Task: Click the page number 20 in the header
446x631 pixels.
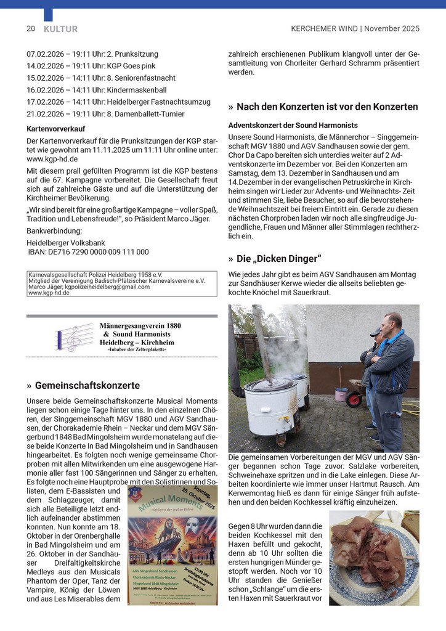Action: (x=30, y=28)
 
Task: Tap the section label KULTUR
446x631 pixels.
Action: (x=60, y=28)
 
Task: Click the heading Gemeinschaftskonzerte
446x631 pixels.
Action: (x=87, y=386)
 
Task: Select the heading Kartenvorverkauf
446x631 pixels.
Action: (x=56, y=129)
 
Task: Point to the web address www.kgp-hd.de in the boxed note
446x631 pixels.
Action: (x=49, y=293)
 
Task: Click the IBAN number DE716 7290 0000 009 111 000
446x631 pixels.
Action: (x=89, y=251)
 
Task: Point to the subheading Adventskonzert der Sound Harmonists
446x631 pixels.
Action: (x=293, y=125)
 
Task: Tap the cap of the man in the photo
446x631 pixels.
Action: (x=376, y=332)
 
